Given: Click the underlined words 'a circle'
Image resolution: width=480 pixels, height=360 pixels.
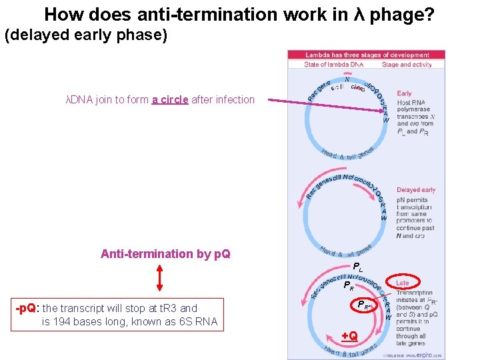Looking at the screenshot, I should [169, 100].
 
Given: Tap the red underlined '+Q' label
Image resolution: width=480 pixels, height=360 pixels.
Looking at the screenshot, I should [349, 335].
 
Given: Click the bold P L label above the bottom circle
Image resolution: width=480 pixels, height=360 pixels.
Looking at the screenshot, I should [358, 267].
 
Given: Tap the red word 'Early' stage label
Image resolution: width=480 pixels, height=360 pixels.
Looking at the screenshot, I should [405, 93].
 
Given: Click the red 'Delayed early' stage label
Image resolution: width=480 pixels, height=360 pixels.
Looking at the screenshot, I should [416, 190].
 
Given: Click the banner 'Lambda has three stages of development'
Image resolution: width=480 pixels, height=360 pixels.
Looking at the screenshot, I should [367, 55].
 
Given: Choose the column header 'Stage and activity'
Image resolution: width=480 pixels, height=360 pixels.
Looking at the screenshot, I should [407, 65].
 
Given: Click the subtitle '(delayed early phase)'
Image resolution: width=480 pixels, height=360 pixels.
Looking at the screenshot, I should [85, 35].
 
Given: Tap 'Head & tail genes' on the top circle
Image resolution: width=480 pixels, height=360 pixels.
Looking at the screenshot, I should [347, 154].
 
